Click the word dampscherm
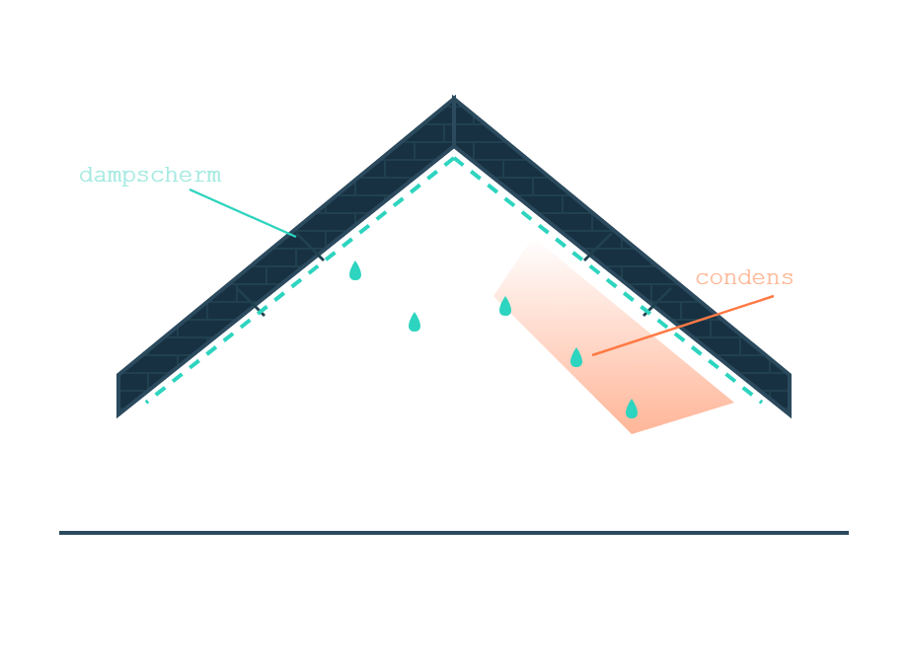click(x=150, y=175)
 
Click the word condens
click(x=744, y=277)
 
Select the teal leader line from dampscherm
click(x=243, y=213)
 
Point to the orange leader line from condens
click(x=683, y=326)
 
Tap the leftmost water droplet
click(x=355, y=271)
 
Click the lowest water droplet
click(x=632, y=409)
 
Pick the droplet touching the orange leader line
click(x=576, y=358)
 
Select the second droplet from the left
click(x=415, y=322)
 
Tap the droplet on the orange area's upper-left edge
click(x=505, y=306)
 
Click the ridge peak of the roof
click(x=454, y=98)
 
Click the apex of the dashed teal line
click(x=454, y=158)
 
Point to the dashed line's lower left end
click(x=147, y=402)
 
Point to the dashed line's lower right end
click(x=761, y=402)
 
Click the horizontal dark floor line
click(x=454, y=533)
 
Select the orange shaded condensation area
click(x=614, y=341)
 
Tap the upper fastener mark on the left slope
click(x=322, y=258)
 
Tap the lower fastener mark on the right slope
click(x=646, y=312)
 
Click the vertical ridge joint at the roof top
click(x=454, y=122)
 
